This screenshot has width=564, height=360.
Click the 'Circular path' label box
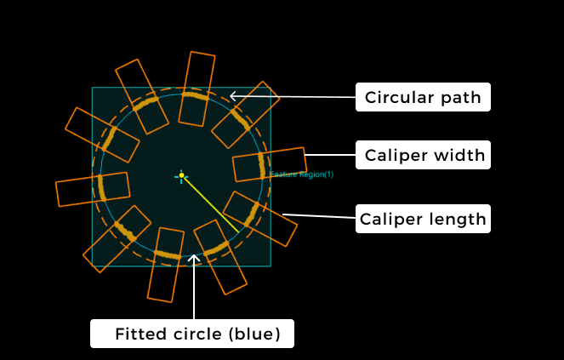[x=424, y=97]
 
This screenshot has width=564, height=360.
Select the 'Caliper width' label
[x=424, y=155]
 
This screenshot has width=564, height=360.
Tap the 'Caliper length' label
[x=423, y=219]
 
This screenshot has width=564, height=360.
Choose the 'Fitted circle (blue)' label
[x=192, y=334]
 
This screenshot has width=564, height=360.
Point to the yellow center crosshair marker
[x=181, y=175]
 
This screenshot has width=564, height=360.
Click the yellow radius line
[x=211, y=204]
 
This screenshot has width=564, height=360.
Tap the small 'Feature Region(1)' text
[x=302, y=174]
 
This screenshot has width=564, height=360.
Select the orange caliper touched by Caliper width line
[x=269, y=164]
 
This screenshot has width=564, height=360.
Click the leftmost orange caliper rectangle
[x=92, y=189]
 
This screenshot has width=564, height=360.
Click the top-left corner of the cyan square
[x=92, y=88]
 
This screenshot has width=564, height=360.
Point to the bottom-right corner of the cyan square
[x=271, y=266]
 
